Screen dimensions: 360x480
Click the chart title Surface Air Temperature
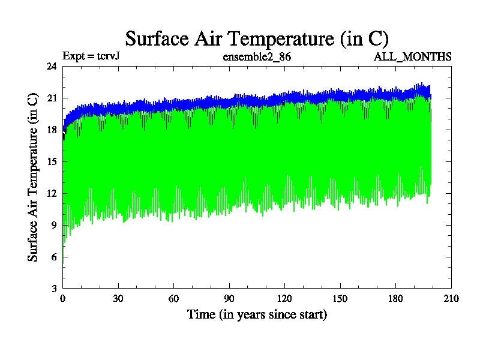pyautogui.click(x=257, y=38)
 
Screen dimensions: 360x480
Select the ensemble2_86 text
pyautogui.click(x=257, y=56)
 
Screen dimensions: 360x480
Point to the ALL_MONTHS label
pyautogui.click(x=413, y=56)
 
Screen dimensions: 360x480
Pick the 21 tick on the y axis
pyautogui.click(x=52, y=98)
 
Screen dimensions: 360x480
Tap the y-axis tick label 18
pyautogui.click(x=52, y=130)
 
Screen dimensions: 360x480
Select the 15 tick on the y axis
pyautogui.click(x=52, y=161)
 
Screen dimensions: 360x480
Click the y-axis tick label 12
pyautogui.click(x=52, y=193)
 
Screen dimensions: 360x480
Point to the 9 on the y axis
pyautogui.click(x=54, y=225)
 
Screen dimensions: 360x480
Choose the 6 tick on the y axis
pyautogui.click(x=54, y=257)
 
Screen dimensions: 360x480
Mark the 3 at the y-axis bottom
pyautogui.click(x=54, y=289)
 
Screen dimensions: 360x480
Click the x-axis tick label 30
pyautogui.click(x=118, y=299)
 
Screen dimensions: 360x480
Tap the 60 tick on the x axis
pyautogui.click(x=174, y=299)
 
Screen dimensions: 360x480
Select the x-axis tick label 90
pyautogui.click(x=229, y=299)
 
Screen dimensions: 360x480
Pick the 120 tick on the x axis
pyautogui.click(x=284, y=299)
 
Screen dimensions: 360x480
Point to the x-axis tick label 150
pyautogui.click(x=340, y=299)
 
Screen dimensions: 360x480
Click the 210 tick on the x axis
pyautogui.click(x=451, y=299)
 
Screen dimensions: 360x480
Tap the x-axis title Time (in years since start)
pyautogui.click(x=257, y=314)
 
